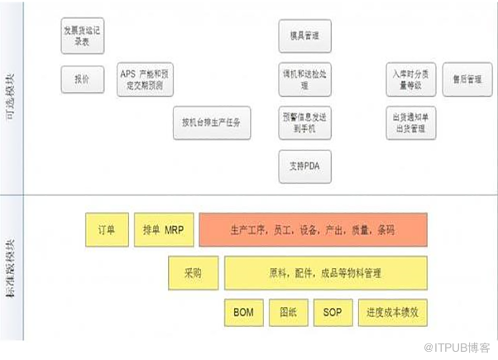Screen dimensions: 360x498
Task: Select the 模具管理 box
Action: point(304,36)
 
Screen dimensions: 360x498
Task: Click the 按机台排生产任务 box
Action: point(211,122)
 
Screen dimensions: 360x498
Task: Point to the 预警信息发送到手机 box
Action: point(304,123)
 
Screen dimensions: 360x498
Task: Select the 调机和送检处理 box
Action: point(304,79)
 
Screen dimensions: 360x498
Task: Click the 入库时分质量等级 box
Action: point(409,79)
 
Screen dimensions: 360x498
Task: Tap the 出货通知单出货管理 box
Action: point(409,123)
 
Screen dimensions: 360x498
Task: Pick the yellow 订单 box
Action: point(106,229)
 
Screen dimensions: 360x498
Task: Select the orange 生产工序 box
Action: point(313,229)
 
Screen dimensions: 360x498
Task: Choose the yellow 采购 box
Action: point(192,271)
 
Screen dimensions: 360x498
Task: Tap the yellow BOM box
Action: point(243,313)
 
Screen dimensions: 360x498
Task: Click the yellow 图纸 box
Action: point(289,313)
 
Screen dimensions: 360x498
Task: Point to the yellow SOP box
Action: point(333,313)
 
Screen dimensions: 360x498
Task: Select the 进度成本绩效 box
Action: point(392,313)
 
